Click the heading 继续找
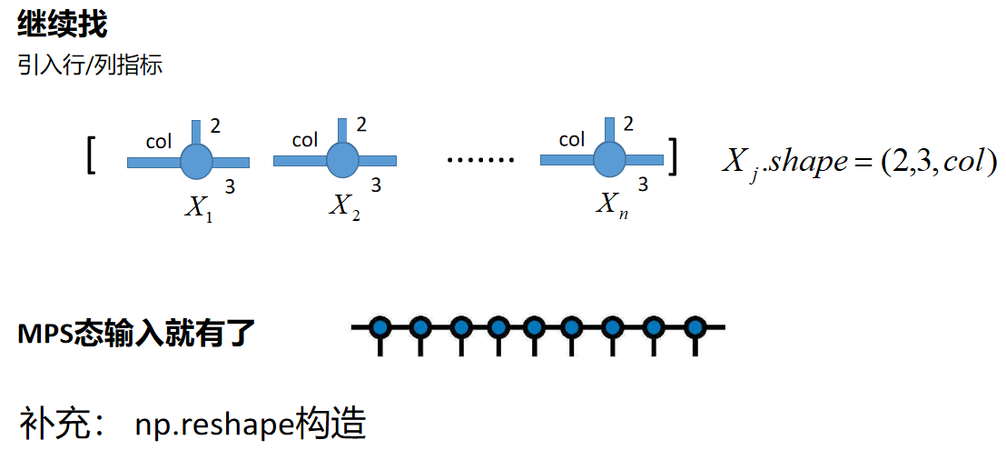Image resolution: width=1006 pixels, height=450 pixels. click(x=62, y=25)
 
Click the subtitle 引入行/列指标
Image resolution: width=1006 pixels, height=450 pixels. click(x=90, y=65)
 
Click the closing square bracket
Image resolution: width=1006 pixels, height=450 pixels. click(x=673, y=155)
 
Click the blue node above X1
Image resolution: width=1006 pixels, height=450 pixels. click(x=195, y=161)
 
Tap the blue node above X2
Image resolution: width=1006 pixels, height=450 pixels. click(x=341, y=160)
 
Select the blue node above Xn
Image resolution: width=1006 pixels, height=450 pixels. click(x=609, y=160)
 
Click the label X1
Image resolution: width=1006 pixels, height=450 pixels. click(x=198, y=208)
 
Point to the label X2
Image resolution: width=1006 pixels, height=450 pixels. click(x=344, y=208)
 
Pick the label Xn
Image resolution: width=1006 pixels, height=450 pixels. click(x=611, y=205)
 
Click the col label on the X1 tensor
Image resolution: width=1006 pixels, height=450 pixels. click(x=159, y=141)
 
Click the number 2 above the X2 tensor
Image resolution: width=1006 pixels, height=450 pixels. click(x=361, y=124)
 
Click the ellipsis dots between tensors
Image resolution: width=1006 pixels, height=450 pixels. click(x=481, y=160)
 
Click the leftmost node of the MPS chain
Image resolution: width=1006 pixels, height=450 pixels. click(x=381, y=326)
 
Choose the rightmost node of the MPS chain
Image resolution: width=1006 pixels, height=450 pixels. click(x=695, y=326)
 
